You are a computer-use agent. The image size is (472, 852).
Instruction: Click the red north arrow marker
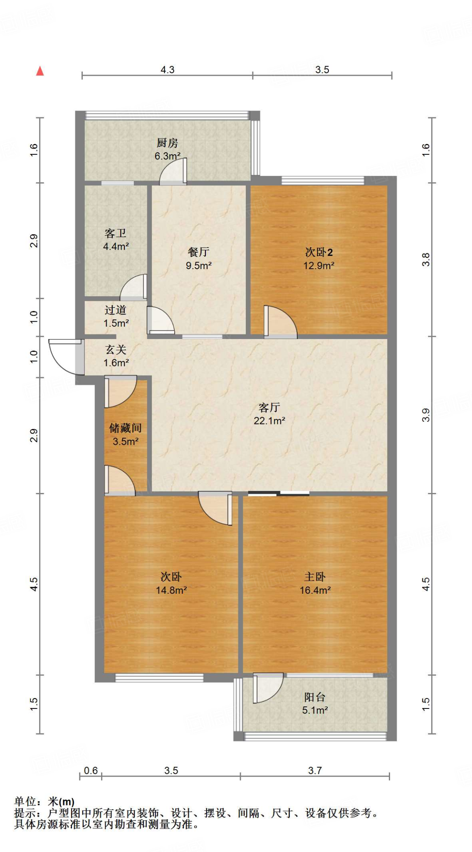[x=40, y=71]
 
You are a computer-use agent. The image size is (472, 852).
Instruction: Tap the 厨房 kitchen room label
[x=167, y=143]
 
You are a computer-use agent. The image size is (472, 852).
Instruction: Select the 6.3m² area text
[x=167, y=156]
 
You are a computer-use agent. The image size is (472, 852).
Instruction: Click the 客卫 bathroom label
[x=115, y=233]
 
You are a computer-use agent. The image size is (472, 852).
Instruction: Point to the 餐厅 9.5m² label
[x=198, y=258]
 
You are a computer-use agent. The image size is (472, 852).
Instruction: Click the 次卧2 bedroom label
[x=319, y=252]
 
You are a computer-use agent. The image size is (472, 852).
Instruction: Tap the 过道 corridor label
[x=115, y=310]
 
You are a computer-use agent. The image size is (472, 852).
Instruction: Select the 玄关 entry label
[x=115, y=349]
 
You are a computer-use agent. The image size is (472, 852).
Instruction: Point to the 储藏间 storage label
[x=125, y=428]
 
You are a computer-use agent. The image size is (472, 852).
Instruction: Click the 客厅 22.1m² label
[x=269, y=414]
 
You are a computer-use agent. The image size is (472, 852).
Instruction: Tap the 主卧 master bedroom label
[x=315, y=577]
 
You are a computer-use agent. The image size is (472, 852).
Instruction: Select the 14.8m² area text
[x=171, y=590]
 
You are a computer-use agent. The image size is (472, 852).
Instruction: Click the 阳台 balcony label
[x=315, y=697]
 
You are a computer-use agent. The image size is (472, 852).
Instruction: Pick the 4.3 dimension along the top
[x=167, y=69]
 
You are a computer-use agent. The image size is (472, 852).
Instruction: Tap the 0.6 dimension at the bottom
[x=91, y=770]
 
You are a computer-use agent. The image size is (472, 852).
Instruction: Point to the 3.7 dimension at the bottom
[x=315, y=770]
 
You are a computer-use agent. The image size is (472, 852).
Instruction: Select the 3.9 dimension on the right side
[x=426, y=415]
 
